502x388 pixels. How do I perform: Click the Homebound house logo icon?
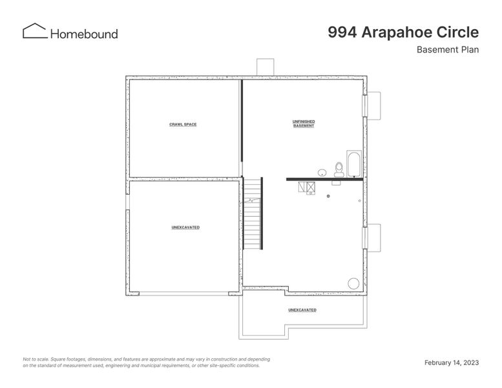pos(34,31)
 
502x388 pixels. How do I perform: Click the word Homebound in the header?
pos(84,33)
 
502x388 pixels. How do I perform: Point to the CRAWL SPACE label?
pos(183,124)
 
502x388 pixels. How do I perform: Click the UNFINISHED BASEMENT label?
pos(304,124)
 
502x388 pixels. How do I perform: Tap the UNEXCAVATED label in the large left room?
pos(185,228)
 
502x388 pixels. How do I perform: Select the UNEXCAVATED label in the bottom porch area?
pos(302,310)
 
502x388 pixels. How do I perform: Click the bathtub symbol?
pos(355,164)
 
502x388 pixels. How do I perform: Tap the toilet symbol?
pos(339,169)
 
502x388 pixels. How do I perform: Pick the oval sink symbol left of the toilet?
pos(322,172)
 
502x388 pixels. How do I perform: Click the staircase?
pos(252,214)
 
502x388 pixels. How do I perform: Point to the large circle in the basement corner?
pos(353,283)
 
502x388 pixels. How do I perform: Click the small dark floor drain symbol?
pos(328,195)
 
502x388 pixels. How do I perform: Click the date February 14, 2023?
pos(451,363)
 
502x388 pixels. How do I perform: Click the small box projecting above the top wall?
pos(266,67)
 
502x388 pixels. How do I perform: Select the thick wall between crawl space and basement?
pos(242,127)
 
